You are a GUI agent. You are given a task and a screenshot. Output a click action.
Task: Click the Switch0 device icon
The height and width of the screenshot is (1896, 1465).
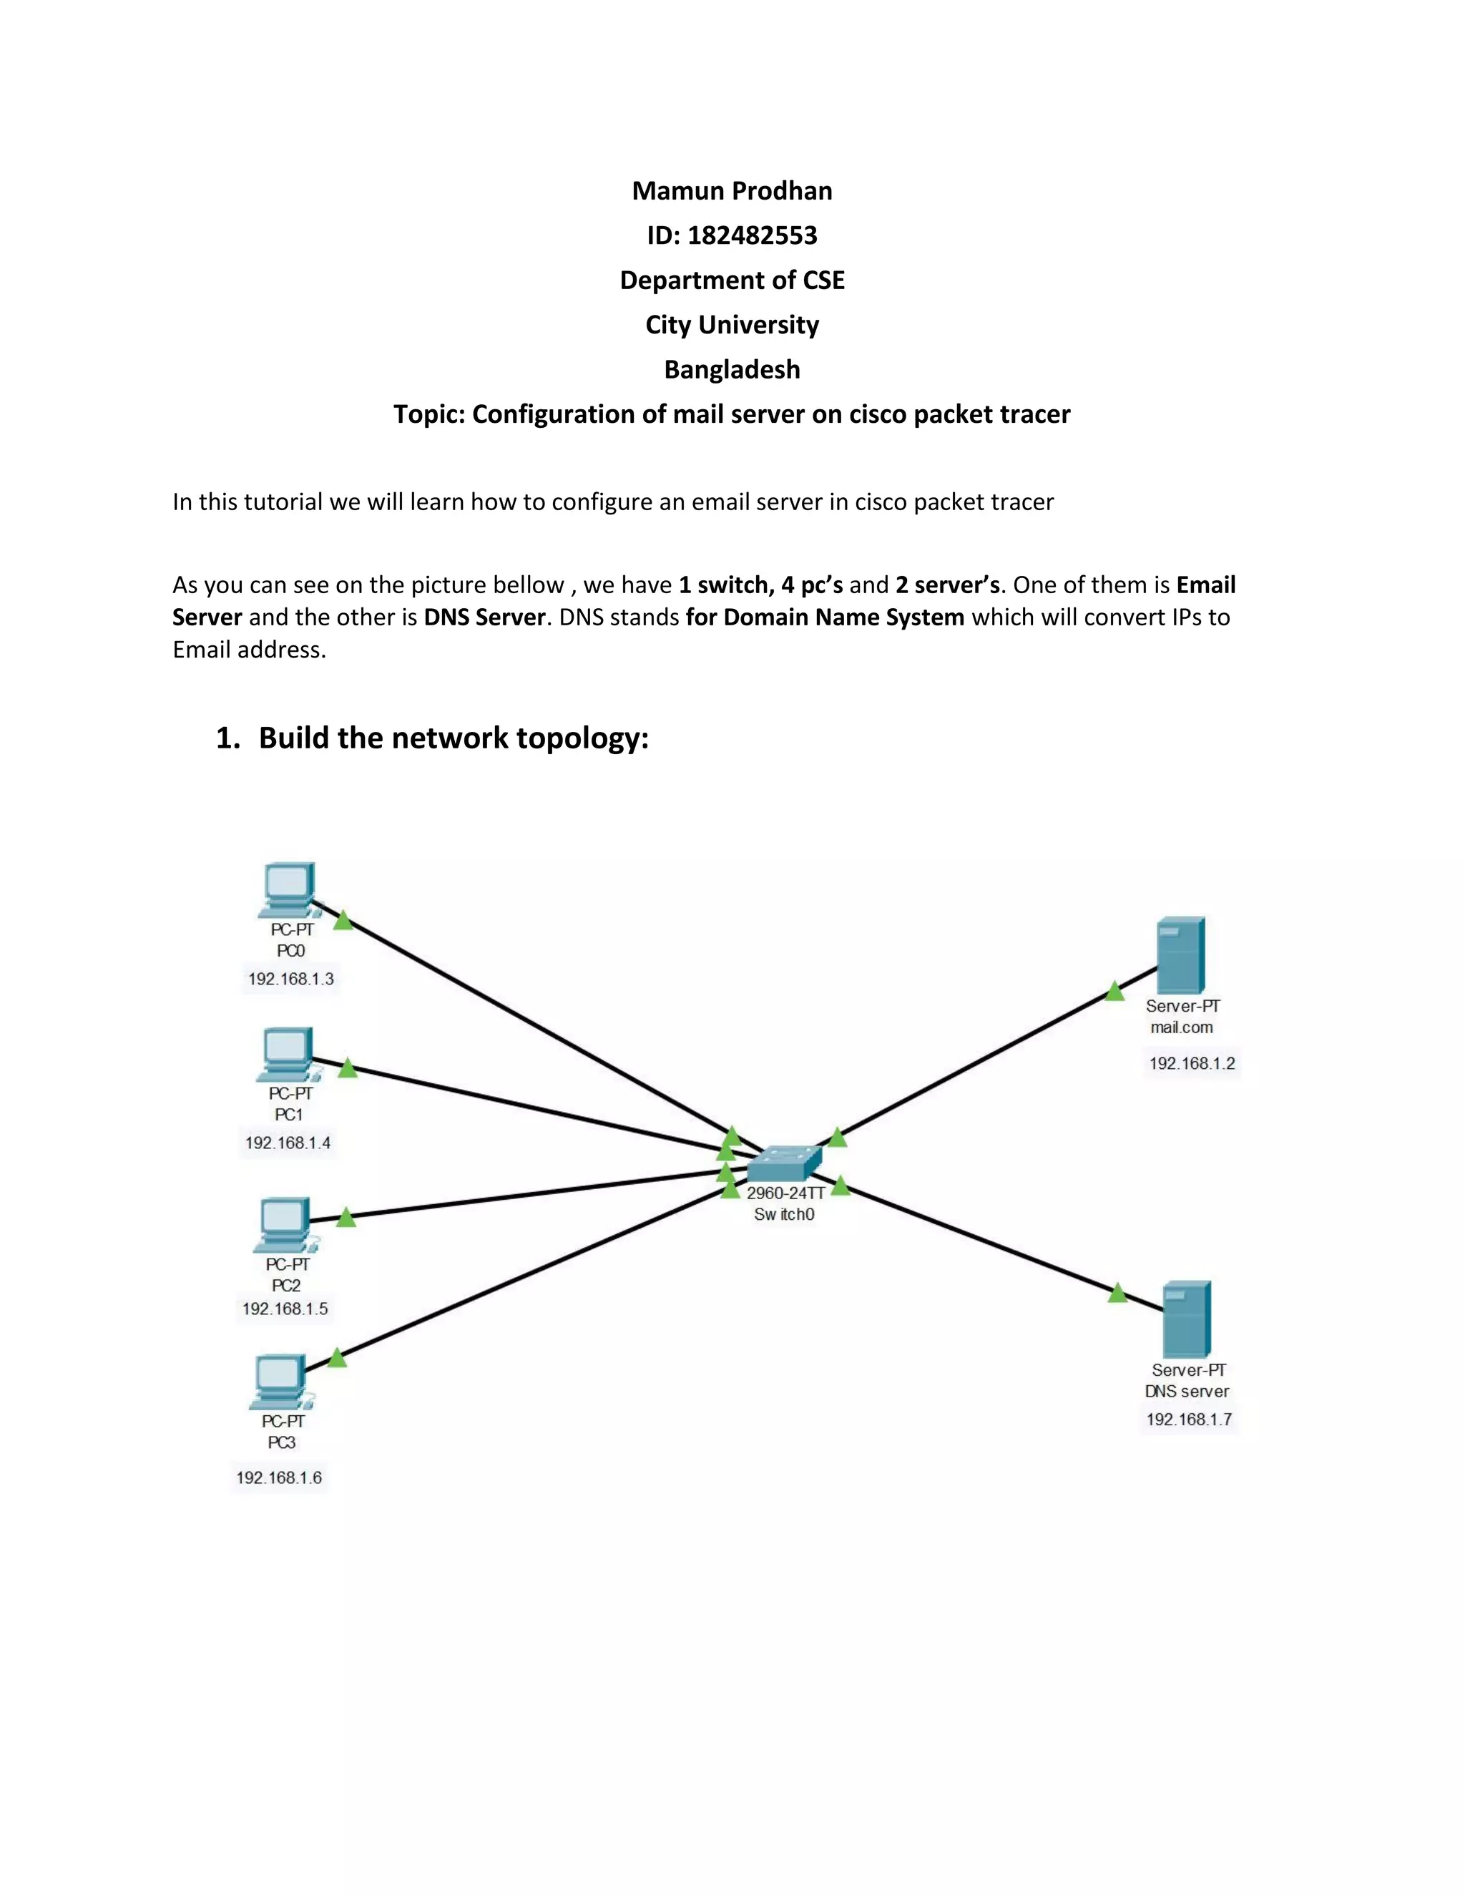coord(784,1163)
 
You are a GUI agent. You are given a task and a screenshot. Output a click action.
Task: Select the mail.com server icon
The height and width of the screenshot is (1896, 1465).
coord(1181,955)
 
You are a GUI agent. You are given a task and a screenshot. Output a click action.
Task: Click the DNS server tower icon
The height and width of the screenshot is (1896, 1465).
coord(1187,1319)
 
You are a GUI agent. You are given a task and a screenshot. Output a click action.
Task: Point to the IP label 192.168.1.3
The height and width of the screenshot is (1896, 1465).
coord(290,978)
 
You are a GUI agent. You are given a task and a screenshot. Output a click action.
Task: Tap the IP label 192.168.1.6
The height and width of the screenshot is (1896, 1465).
coord(278,1477)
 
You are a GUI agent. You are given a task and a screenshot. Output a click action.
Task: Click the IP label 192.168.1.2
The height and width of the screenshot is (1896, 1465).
coord(1192,1063)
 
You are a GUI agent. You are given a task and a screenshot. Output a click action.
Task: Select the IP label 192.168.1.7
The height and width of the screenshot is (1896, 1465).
coord(1189,1419)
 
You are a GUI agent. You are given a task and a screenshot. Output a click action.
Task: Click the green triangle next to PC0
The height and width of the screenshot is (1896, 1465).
coord(343,921)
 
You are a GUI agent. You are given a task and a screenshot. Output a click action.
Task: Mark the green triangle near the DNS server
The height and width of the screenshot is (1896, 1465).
coord(1118,1294)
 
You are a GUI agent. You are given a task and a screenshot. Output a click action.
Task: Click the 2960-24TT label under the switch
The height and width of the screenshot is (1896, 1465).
coord(785,1193)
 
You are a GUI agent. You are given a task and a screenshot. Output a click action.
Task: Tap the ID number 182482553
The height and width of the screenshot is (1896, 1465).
coord(752,235)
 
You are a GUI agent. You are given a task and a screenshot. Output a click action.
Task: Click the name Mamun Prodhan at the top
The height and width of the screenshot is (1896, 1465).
coord(732,191)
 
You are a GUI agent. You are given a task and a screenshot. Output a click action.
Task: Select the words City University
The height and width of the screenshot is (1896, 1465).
coord(732,325)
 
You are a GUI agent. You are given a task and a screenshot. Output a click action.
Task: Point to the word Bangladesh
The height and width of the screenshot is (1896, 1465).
coord(732,370)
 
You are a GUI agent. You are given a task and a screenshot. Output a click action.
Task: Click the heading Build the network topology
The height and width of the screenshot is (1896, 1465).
coord(453,738)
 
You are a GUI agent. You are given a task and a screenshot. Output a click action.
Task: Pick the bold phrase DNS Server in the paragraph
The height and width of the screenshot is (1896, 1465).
coord(484,617)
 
